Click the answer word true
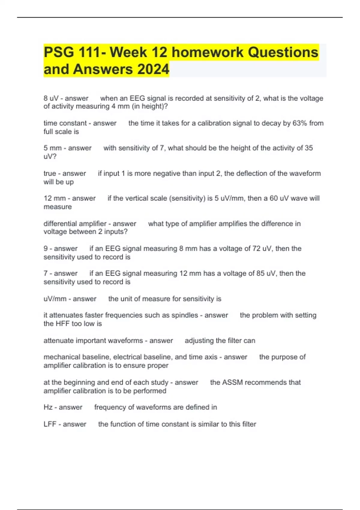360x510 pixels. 49,174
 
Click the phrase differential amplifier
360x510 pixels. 75,224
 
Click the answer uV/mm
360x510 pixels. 55,299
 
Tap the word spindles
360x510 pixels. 184,315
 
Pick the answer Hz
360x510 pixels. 48,407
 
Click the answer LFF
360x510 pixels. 50,424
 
